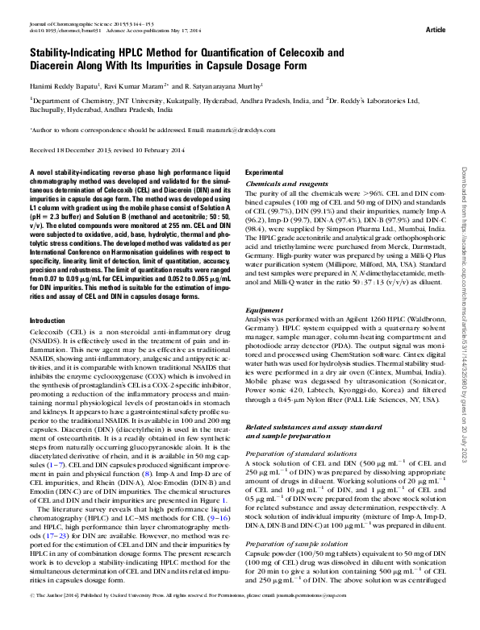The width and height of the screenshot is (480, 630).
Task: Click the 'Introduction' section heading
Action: point(47,344)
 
